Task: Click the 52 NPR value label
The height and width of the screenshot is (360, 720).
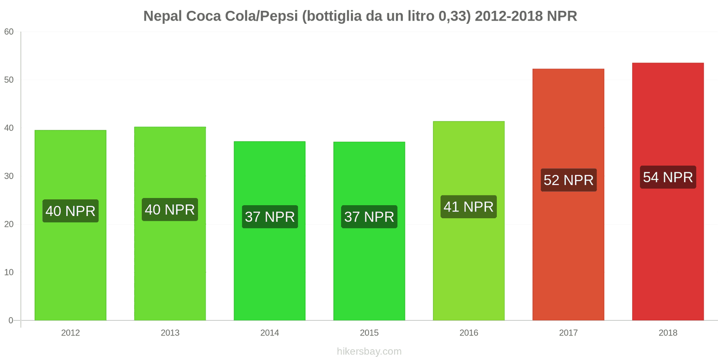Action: [x=568, y=180]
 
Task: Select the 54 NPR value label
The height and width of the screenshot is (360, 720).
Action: [x=668, y=177]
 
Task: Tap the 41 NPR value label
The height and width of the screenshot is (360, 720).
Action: [x=468, y=207]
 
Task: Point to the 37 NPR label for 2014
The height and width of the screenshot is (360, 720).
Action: [x=270, y=216]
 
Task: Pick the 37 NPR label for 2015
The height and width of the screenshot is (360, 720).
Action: [x=369, y=216]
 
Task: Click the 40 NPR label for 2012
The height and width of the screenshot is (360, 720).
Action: [x=70, y=211]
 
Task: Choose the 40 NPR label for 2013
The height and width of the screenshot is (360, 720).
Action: [x=170, y=209]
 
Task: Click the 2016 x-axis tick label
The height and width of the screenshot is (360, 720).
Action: [x=468, y=333]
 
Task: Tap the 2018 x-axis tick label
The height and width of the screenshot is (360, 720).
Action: [x=668, y=333]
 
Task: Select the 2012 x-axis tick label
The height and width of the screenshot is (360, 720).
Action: [x=70, y=333]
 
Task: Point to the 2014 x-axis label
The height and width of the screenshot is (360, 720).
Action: [x=270, y=333]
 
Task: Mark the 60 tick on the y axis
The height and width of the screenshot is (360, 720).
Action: [x=9, y=31]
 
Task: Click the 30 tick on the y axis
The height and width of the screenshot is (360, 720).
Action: [x=9, y=176]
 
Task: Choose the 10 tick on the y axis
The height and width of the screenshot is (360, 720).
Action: [x=9, y=272]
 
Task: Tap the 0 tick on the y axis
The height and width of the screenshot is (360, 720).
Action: [x=11, y=320]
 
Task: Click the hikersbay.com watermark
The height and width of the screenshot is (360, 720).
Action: [x=369, y=351]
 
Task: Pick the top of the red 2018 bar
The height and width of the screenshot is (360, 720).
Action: [x=668, y=63]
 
